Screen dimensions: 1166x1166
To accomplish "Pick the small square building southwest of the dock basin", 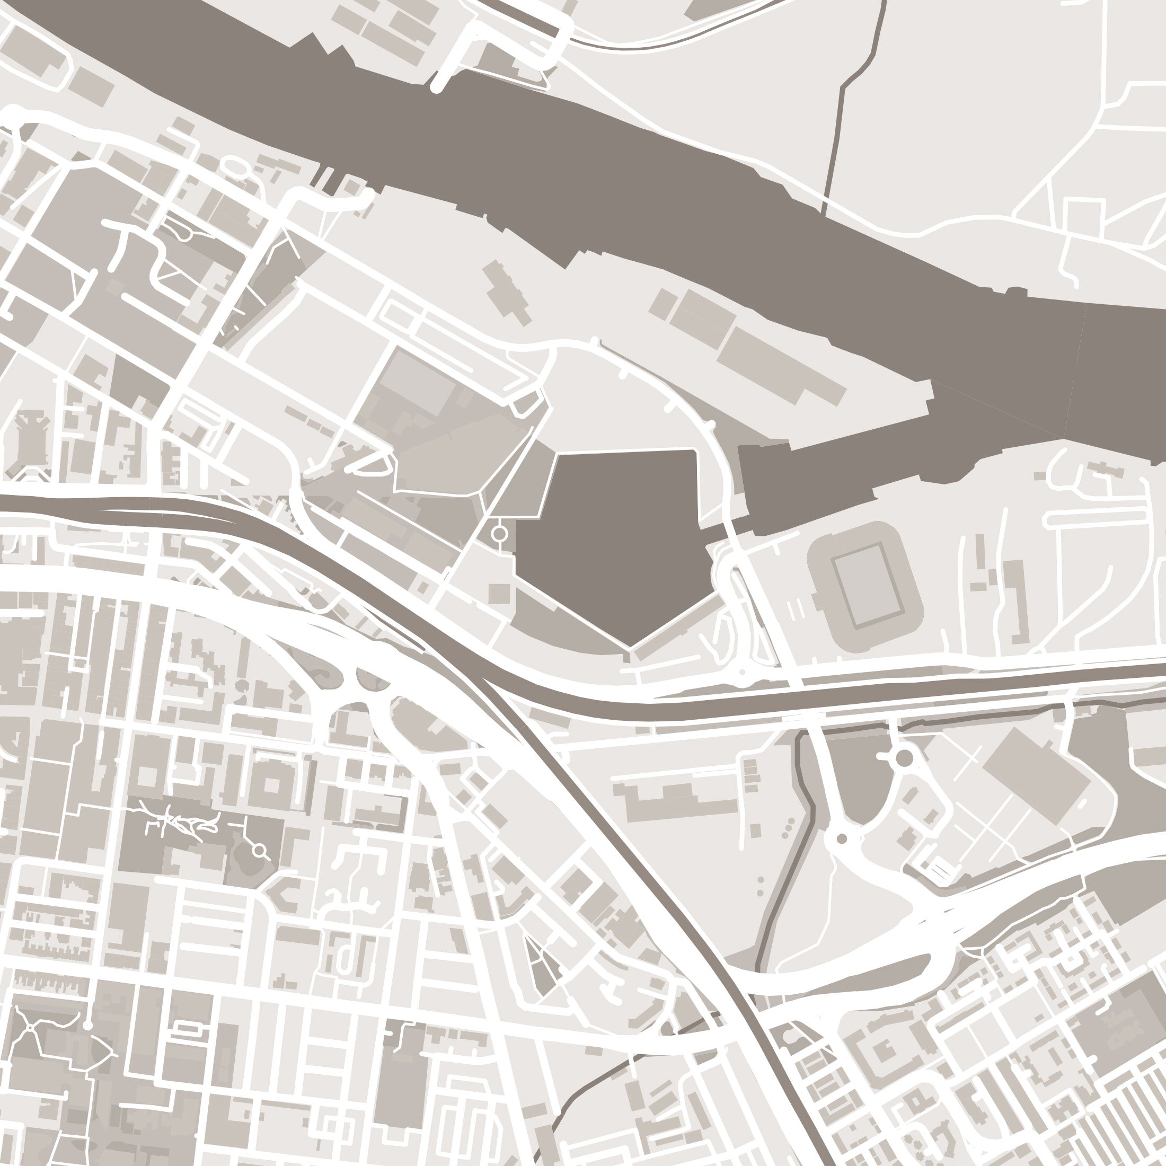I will click(x=499, y=593).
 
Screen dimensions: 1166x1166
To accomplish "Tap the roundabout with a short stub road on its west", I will click(x=904, y=758).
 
